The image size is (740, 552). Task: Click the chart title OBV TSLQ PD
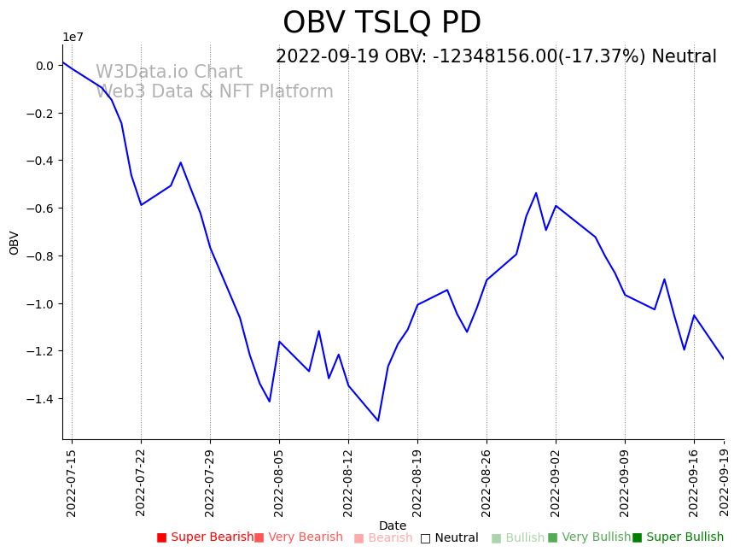pos(382,23)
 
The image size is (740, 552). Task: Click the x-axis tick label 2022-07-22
pos(141,483)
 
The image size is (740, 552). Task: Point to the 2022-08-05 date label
pos(279,483)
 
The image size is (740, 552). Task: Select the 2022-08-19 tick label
pos(417,483)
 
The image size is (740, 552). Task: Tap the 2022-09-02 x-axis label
pos(556,483)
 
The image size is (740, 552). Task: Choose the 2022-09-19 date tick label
pos(724,483)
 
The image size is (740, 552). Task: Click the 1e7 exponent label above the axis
pos(73,37)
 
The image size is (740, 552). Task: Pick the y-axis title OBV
pos(15,243)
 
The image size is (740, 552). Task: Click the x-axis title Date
pos(393,526)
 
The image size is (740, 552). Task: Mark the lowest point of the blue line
pos(378,420)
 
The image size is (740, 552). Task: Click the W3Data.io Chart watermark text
pos(169,73)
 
